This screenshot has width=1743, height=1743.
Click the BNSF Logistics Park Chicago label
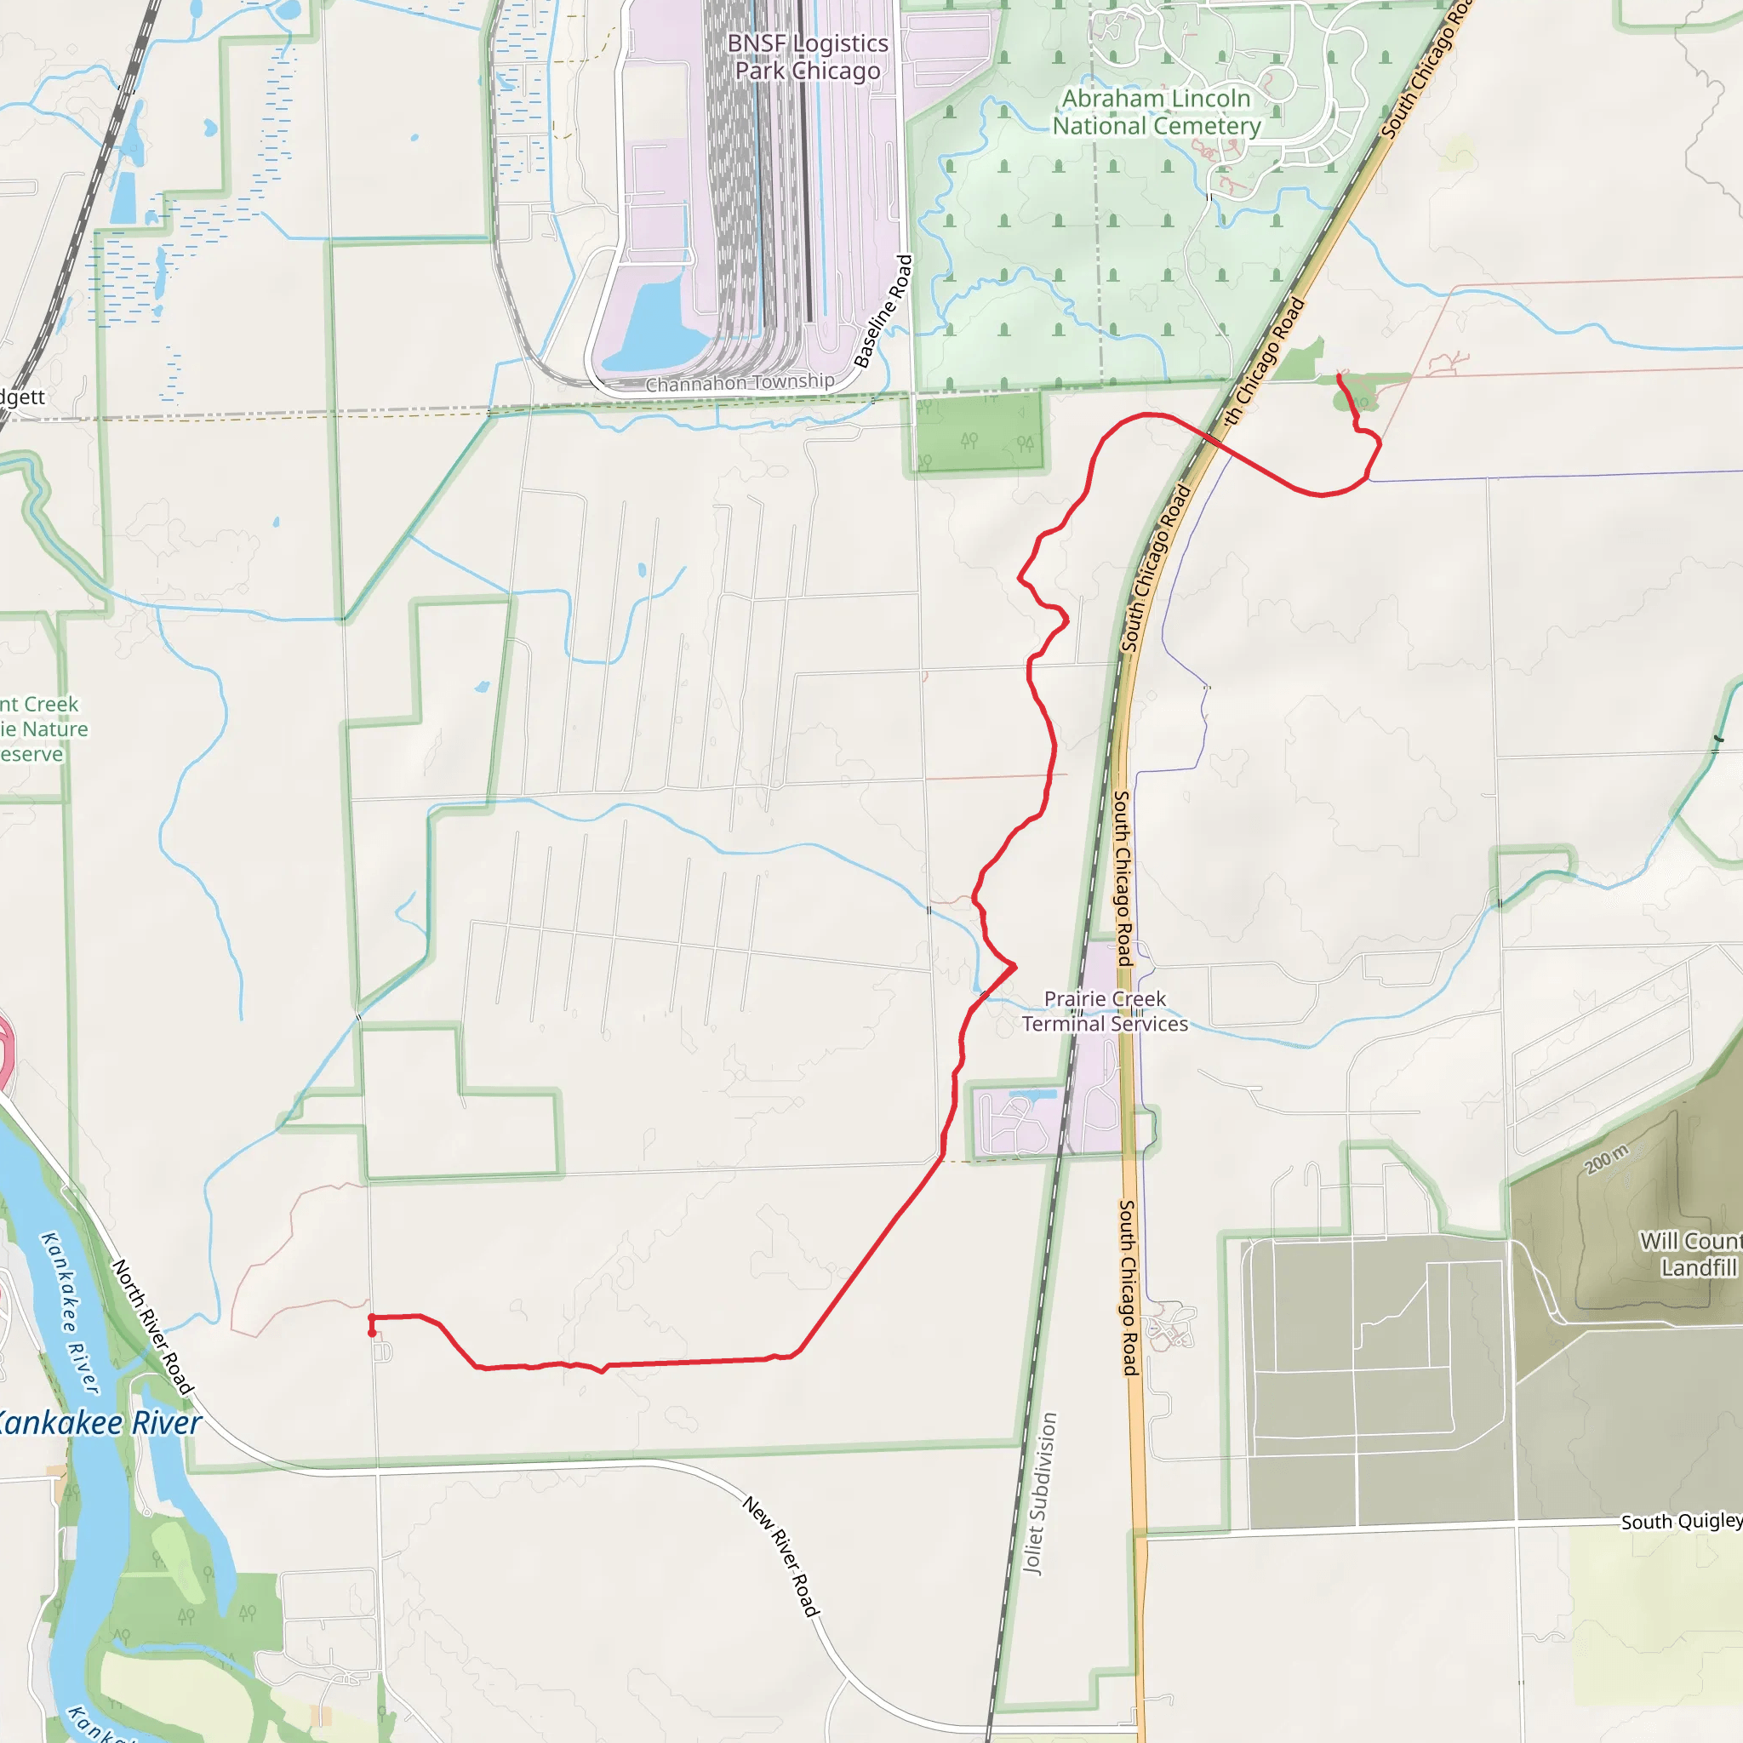(808, 57)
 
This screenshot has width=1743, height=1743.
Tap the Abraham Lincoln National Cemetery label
(1156, 111)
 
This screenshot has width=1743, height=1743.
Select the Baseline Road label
(884, 312)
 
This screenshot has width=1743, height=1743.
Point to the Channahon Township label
(740, 382)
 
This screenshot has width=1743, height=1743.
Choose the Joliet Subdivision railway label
(1039, 1493)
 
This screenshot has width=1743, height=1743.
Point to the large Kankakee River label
(100, 1424)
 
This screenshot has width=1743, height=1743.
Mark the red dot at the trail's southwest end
(372, 1333)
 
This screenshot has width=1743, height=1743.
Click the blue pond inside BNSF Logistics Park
(663, 320)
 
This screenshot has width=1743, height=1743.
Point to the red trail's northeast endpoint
(1338, 376)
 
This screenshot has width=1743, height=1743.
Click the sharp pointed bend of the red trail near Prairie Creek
(1015, 966)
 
